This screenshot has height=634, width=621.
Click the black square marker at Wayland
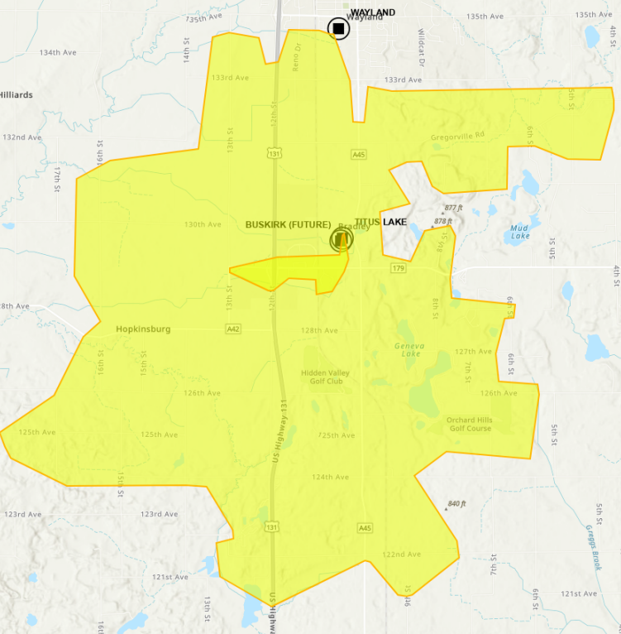[338, 29]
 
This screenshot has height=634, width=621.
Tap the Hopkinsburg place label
[143, 329]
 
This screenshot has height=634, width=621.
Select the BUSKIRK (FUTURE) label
[288, 224]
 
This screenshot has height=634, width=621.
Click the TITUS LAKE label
[380, 222]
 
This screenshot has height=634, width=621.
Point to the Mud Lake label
[519, 231]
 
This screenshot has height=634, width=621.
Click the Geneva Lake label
[407, 349]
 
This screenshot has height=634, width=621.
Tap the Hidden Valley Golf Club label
[325, 377]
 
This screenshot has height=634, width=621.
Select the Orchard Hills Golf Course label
[470, 424]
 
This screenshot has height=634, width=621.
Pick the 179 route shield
[399, 268]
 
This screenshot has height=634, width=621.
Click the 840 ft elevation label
[457, 503]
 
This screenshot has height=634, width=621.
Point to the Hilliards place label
[17, 95]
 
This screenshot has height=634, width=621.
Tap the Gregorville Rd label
[456, 137]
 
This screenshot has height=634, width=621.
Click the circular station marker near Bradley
[342, 240]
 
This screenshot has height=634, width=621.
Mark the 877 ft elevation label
[453, 208]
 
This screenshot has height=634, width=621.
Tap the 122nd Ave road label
[402, 554]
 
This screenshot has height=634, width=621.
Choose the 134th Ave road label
[58, 52]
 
